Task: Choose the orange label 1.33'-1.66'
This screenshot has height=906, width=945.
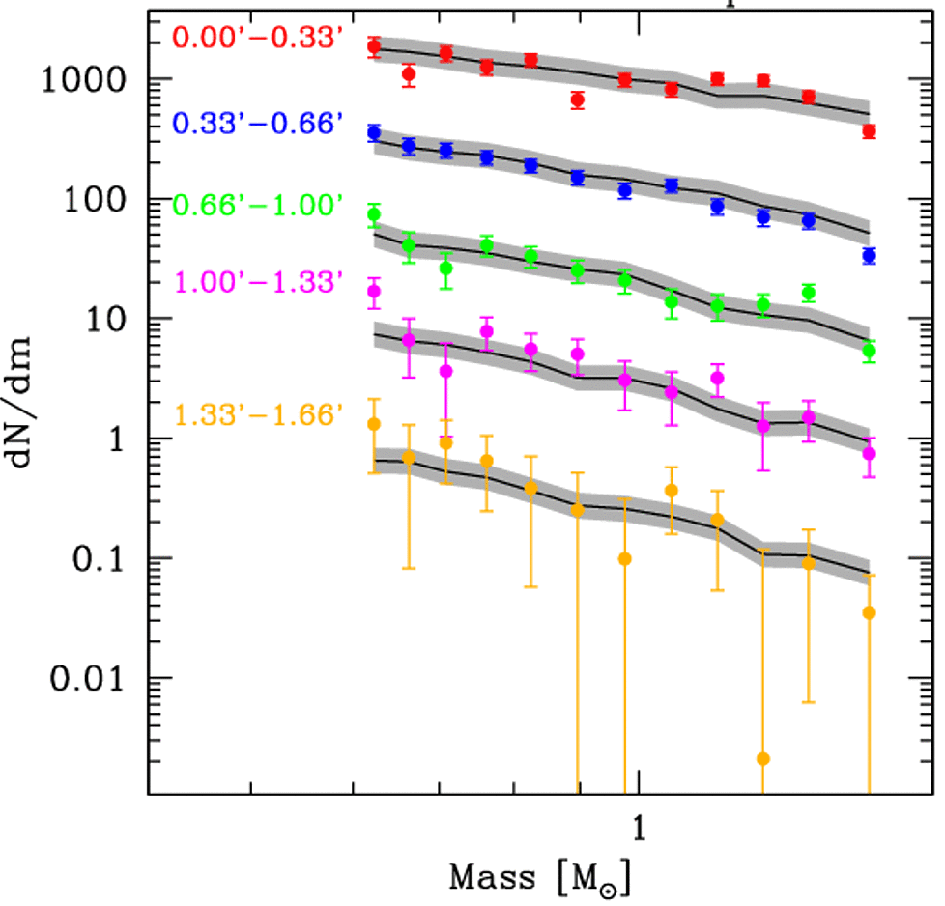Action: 259,416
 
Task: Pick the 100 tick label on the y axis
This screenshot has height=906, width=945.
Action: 99,199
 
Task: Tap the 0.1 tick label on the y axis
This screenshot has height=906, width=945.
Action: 102,559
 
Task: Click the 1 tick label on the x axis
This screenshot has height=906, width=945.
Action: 638,826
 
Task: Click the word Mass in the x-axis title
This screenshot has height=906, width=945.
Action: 492,878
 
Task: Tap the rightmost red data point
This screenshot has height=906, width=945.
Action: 869,131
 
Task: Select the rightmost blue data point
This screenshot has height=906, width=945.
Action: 869,256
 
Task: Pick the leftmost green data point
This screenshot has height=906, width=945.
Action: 374,214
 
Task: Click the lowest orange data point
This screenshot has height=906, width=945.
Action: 763,759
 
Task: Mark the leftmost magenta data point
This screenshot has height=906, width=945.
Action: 374,292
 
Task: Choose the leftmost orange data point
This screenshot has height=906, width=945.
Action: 374,424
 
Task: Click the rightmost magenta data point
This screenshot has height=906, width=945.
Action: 869,453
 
